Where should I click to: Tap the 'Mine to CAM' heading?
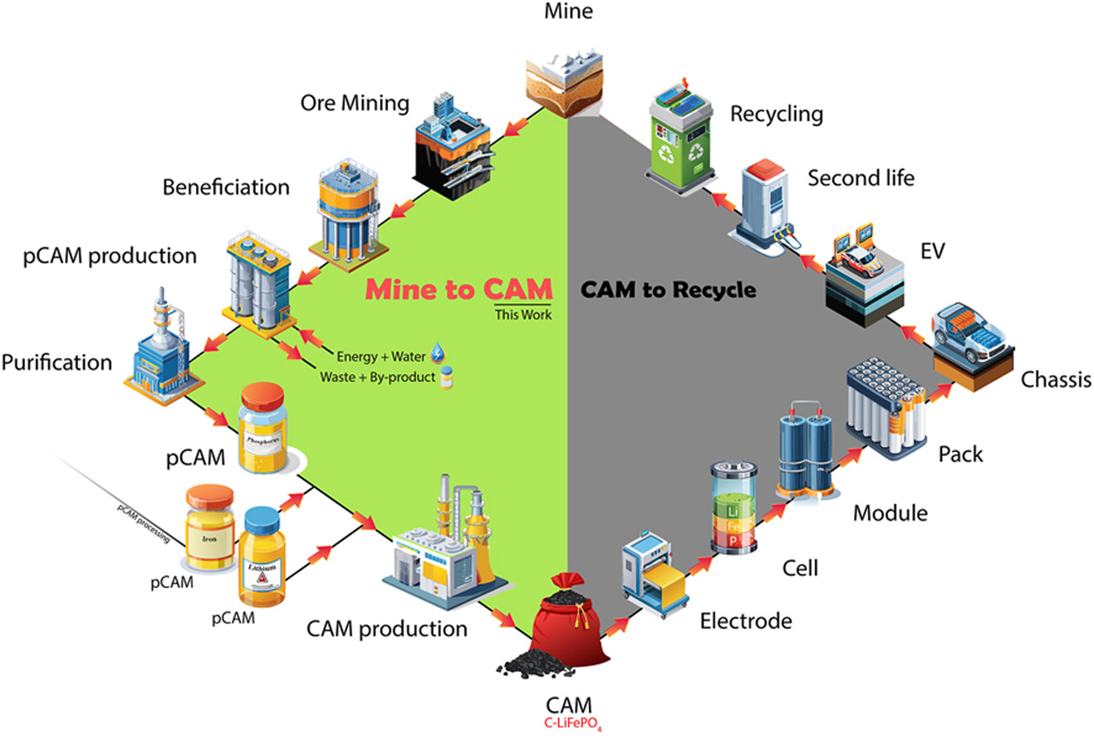pos(459,289)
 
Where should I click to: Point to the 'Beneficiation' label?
pos(226,186)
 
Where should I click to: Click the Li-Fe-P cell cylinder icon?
pos(733,508)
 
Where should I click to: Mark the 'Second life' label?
pos(861,178)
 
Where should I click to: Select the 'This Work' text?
pos(523,315)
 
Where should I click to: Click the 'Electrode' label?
pos(745,621)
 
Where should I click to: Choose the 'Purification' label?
pos(56,362)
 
